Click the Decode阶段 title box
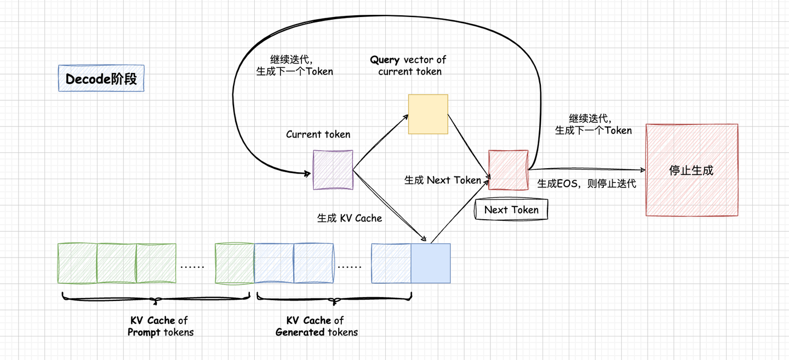[101, 79]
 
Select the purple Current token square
[333, 170]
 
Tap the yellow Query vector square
[428, 114]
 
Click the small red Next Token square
[508, 170]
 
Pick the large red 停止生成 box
[691, 170]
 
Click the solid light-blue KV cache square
[431, 264]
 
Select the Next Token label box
[511, 210]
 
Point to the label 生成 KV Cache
[350, 218]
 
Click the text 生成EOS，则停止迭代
[586, 184]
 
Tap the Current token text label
[318, 134]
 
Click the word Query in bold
[385, 60]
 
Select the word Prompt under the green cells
[144, 332]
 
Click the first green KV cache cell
[77, 264]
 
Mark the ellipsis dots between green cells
[192, 267]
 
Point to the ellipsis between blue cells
[350, 267]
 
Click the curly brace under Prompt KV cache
[156, 299]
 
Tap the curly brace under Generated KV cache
[334, 299]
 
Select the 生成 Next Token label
[442, 180]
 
